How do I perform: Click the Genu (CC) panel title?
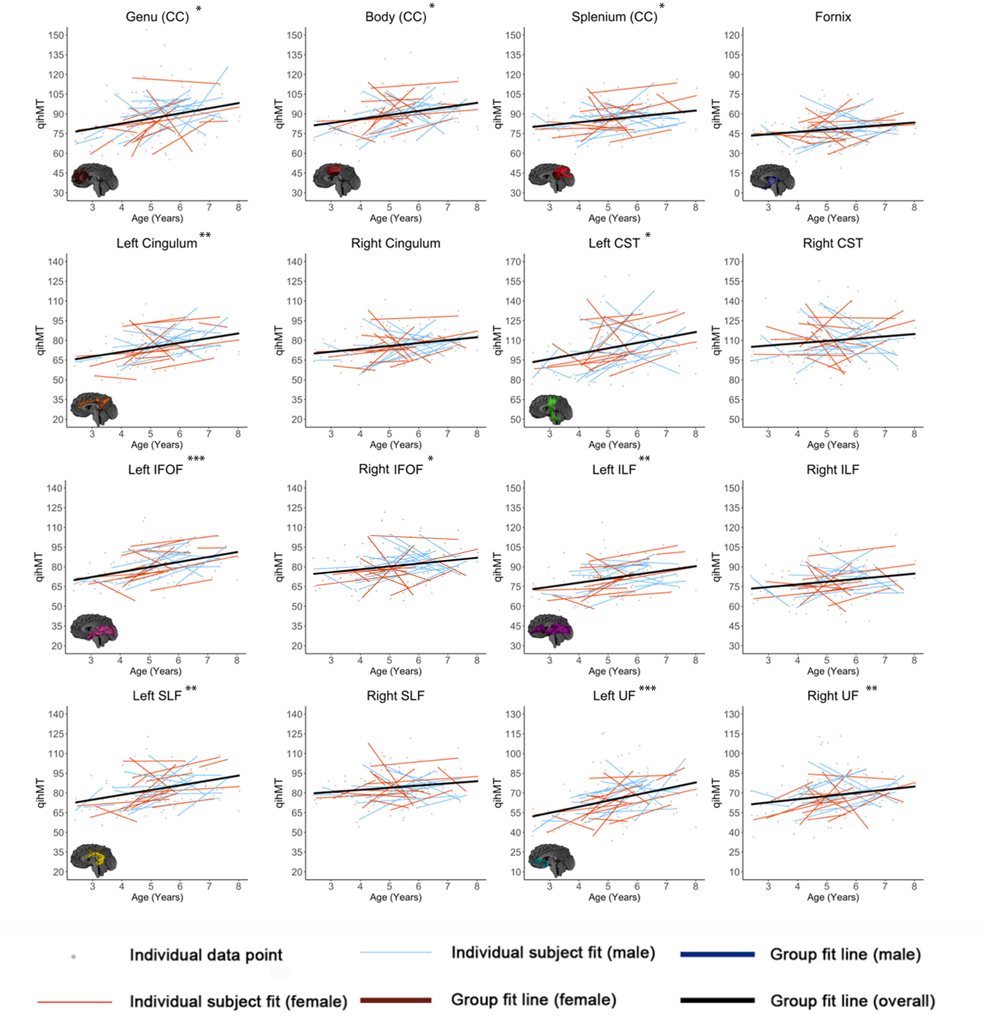(x=157, y=17)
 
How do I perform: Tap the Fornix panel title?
(x=832, y=17)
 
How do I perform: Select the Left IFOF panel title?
(x=155, y=469)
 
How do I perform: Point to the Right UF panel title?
(x=832, y=696)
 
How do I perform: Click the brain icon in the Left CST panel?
(x=550, y=410)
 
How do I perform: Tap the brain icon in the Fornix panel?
(x=772, y=179)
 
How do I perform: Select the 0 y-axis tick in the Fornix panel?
(x=736, y=193)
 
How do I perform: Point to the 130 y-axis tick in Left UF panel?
(x=513, y=714)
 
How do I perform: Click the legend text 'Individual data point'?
(x=206, y=955)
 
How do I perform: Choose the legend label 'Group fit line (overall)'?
(x=853, y=1001)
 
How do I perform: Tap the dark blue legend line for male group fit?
(x=717, y=954)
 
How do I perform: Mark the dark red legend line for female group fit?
(x=396, y=1000)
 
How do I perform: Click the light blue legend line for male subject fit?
(x=396, y=953)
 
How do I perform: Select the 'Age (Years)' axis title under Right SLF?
(x=396, y=897)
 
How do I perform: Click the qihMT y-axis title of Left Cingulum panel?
(x=40, y=341)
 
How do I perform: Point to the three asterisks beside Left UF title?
(x=647, y=689)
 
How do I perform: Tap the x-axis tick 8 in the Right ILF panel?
(x=914, y=660)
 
